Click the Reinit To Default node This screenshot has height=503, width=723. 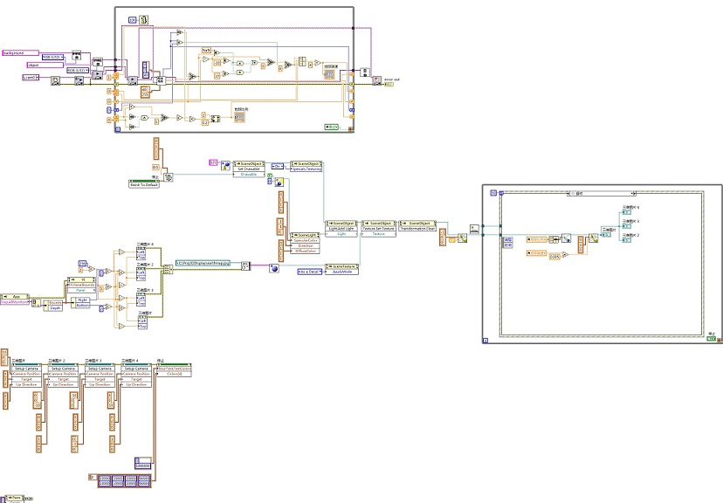tap(145, 184)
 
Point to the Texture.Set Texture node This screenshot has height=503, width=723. tap(379, 229)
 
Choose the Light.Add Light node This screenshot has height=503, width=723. tap(341, 229)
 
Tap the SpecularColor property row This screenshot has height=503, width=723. tap(306, 240)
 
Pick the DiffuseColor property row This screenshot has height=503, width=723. tap(306, 252)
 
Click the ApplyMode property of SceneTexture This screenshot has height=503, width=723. tap(341, 272)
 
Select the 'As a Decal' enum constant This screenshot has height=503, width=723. tap(310, 272)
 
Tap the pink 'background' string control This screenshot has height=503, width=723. tap(16, 52)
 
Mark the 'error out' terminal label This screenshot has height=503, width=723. tap(392, 79)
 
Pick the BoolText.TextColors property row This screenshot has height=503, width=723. tap(175, 369)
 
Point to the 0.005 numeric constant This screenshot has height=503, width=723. tap(554, 254)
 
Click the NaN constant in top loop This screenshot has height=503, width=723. tap(206, 50)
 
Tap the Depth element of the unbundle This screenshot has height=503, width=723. tap(54, 307)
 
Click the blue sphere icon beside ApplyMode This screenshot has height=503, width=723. tap(273, 269)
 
